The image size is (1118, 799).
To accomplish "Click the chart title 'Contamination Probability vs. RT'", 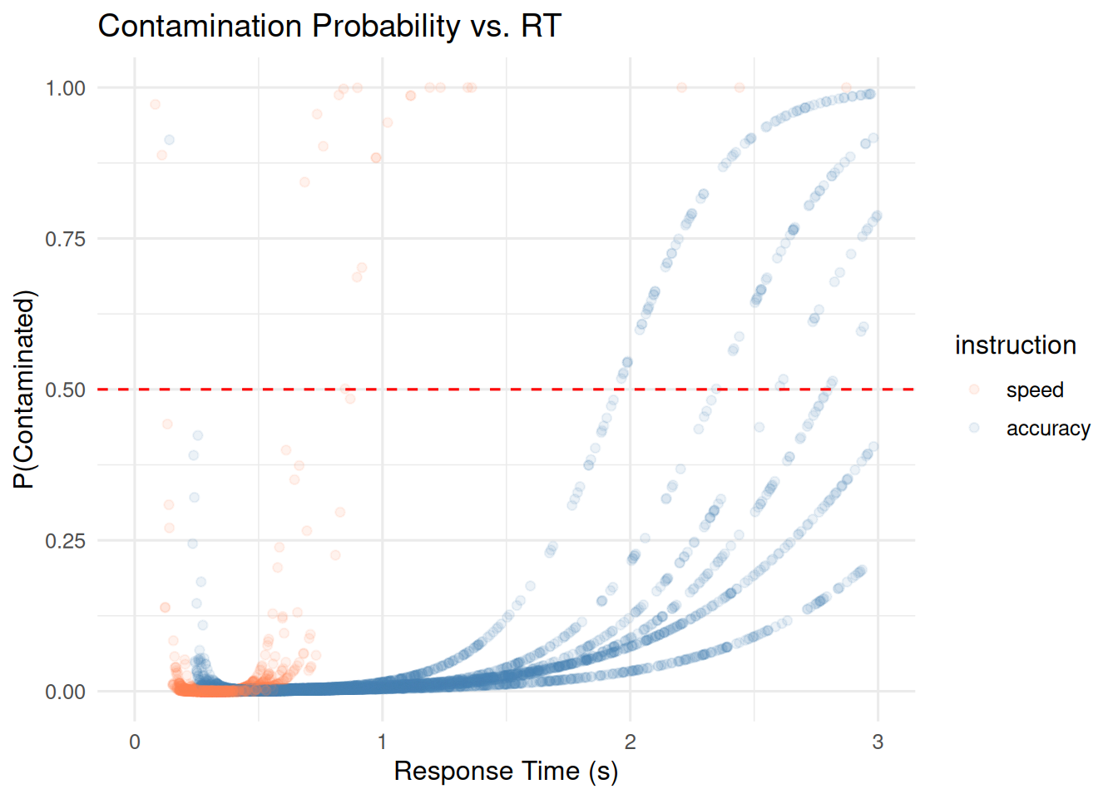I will click(329, 27).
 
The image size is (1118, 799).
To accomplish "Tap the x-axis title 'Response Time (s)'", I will click(506, 772).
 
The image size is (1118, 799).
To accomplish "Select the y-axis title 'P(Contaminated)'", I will click(25, 390).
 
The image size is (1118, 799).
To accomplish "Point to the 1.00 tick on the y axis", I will click(65, 88).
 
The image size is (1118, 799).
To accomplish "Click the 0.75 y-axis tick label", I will click(65, 239).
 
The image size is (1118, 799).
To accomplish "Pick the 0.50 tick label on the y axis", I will click(65, 390).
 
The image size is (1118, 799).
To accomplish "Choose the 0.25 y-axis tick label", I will click(65, 541).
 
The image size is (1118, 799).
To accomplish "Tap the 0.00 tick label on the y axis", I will click(65, 692).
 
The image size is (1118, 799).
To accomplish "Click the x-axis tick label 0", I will click(135, 742).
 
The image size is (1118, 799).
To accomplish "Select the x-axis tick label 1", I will click(382, 742).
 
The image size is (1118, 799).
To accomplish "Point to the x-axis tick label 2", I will click(630, 742).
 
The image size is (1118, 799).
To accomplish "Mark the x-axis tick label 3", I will click(878, 742).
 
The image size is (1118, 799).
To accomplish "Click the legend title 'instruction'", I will click(1015, 345).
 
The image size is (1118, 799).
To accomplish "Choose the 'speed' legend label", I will click(1034, 390).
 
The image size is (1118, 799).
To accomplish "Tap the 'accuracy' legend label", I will click(1048, 429).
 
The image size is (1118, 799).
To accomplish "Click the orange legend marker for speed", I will click(974, 390).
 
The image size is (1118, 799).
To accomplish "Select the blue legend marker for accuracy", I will click(974, 428).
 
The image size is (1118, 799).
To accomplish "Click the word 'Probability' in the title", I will click(385, 27).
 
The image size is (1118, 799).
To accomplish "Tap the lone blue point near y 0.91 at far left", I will click(169, 140).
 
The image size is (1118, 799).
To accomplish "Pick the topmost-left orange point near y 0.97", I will click(155, 104).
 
